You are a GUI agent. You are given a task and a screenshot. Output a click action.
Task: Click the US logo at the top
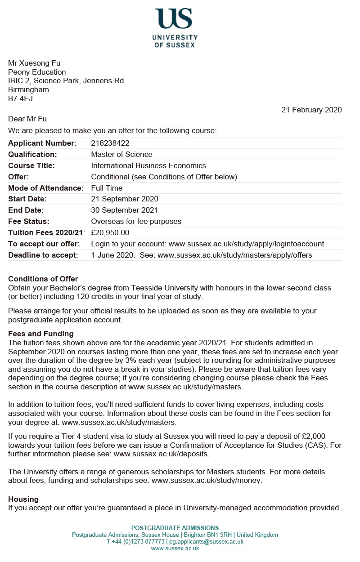tap(175, 18)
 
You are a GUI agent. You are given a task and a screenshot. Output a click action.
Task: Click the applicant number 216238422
tap(110, 143)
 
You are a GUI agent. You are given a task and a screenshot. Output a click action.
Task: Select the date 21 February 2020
tap(311, 110)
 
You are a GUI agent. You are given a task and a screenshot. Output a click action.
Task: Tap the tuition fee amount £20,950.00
tap(110, 232)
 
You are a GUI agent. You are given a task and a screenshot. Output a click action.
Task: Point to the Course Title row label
tap(31, 166)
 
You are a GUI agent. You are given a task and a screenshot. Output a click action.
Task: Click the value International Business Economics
tap(148, 166)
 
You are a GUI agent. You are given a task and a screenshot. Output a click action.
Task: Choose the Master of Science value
tap(121, 155)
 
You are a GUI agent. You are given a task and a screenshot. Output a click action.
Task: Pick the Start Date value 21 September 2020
tap(125, 199)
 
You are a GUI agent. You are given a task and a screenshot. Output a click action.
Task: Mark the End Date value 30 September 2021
tap(125, 210)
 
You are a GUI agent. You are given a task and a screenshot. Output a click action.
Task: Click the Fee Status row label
tap(29, 221)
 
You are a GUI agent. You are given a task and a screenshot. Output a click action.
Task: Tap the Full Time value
tap(107, 188)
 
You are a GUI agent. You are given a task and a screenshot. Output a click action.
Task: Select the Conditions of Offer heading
tap(43, 279)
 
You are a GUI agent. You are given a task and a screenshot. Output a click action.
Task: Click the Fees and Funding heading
tap(40, 334)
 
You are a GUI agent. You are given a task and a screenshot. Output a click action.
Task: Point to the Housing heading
tap(23, 500)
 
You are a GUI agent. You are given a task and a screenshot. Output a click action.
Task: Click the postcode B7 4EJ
tap(20, 98)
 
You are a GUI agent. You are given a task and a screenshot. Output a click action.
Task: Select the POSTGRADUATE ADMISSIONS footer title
tap(175, 528)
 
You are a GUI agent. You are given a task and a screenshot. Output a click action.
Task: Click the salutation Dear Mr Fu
tap(27, 119)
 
